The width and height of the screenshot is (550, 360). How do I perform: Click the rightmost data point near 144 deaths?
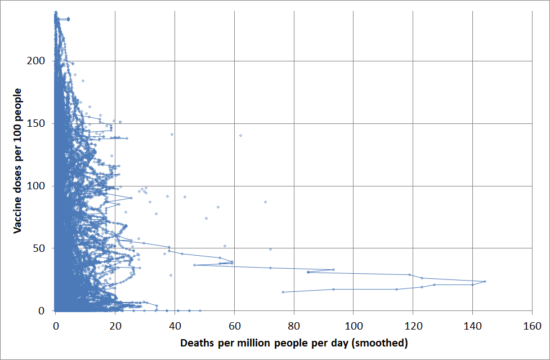click(485, 281)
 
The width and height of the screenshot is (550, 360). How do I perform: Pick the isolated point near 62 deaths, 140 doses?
click(240, 135)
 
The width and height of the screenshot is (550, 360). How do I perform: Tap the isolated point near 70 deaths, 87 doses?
click(265, 202)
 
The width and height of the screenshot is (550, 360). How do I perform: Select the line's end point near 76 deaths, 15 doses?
click(283, 292)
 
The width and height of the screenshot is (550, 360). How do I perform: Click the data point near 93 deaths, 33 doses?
click(333, 269)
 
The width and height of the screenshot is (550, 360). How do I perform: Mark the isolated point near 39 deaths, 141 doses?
click(172, 134)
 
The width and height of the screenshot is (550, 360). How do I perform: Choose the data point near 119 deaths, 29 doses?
click(410, 274)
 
